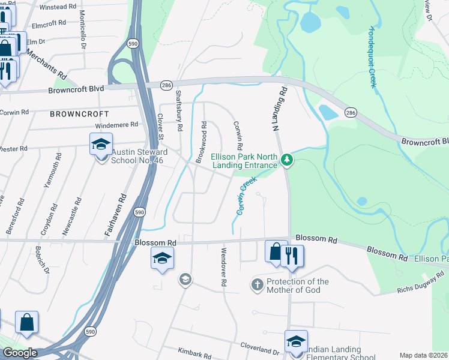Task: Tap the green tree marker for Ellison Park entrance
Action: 288,159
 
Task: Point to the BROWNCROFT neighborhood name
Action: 79,113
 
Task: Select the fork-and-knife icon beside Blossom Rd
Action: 292,255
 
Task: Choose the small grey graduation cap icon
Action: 185,279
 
